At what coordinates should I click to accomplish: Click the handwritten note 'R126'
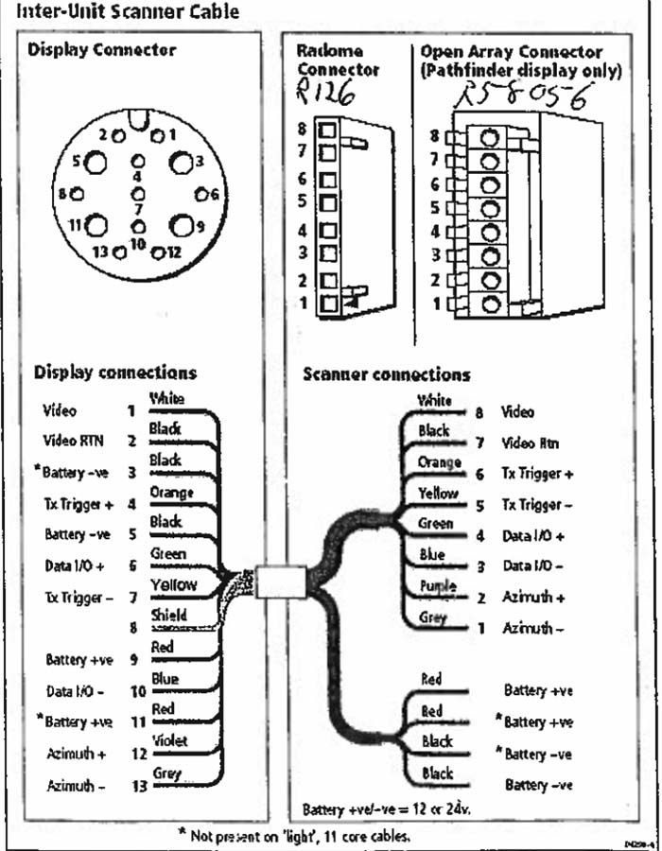click(x=322, y=94)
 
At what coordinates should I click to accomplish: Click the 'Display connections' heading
click(x=115, y=373)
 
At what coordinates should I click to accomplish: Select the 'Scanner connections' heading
click(x=386, y=374)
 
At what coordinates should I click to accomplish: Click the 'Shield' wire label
click(x=169, y=616)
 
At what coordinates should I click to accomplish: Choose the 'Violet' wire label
click(x=170, y=741)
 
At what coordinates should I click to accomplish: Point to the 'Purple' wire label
click(x=437, y=586)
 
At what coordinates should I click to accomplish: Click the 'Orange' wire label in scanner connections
click(x=439, y=462)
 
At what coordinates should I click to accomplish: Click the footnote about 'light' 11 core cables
click(x=294, y=835)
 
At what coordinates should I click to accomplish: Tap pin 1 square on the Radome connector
click(x=328, y=304)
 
